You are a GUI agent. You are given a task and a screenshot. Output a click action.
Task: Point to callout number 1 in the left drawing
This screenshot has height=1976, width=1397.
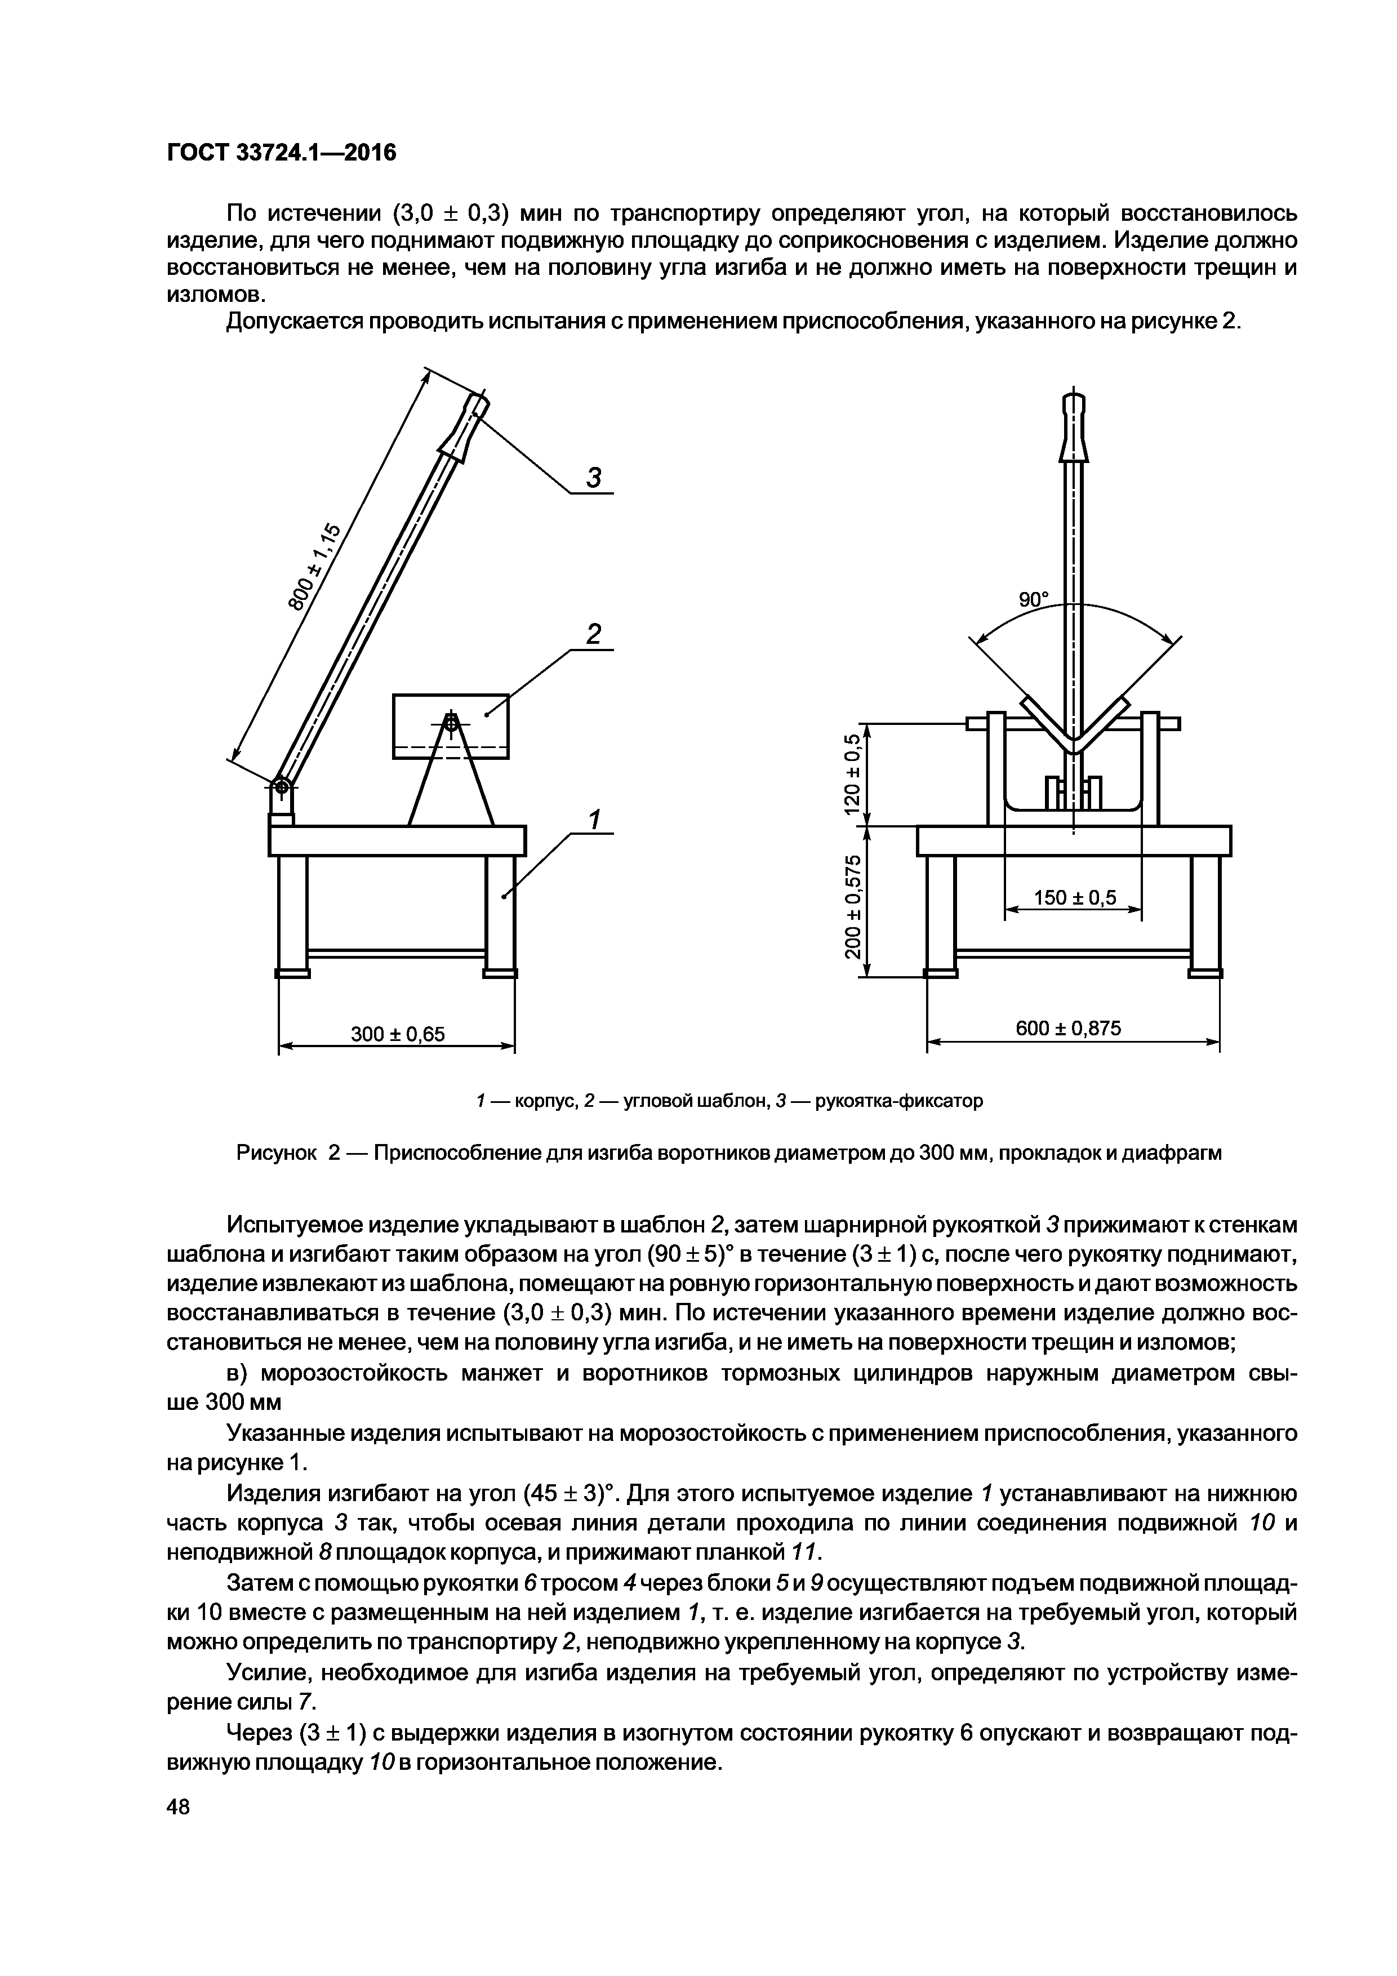(x=593, y=820)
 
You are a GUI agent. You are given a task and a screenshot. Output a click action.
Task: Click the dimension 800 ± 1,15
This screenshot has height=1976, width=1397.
(x=315, y=568)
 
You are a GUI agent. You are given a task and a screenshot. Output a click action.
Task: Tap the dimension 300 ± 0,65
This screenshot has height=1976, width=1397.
(x=398, y=1032)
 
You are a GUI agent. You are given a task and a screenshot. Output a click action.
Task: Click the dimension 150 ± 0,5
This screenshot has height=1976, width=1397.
(x=1074, y=898)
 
